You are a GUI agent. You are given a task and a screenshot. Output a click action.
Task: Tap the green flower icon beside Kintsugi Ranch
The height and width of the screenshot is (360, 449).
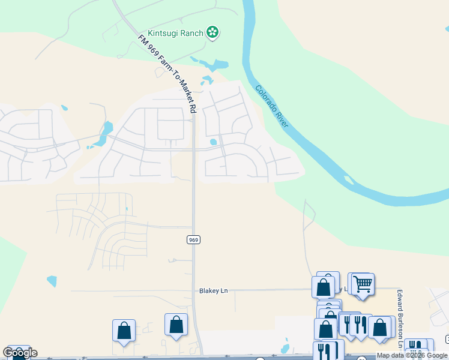coord(212,32)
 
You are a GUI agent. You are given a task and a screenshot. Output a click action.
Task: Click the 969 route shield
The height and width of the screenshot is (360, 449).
coord(193,239)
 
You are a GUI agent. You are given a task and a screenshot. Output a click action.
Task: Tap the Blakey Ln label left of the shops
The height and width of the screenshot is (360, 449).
coord(214,291)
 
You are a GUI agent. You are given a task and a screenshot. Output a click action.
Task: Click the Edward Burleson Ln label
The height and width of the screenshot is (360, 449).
coord(399,318)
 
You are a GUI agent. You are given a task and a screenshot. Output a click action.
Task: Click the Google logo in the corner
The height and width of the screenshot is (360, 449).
coord(20,353)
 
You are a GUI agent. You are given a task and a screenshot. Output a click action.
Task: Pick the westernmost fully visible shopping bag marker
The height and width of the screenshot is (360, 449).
coord(124,330)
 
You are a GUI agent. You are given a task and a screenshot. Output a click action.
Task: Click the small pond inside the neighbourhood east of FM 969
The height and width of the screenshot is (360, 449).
coord(213,142)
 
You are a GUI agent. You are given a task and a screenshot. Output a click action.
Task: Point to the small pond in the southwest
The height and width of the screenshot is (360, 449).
coord(52,280)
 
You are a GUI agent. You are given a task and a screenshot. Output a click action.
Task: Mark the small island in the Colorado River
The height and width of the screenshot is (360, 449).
coord(348,178)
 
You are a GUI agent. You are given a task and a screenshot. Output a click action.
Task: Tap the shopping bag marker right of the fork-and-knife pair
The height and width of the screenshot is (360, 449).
coord(379,327)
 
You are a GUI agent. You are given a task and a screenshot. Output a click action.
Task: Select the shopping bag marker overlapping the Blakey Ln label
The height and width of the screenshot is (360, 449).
coord(324,287)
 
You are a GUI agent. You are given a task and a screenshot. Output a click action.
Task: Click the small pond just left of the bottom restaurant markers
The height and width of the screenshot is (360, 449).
coord(286,347)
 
